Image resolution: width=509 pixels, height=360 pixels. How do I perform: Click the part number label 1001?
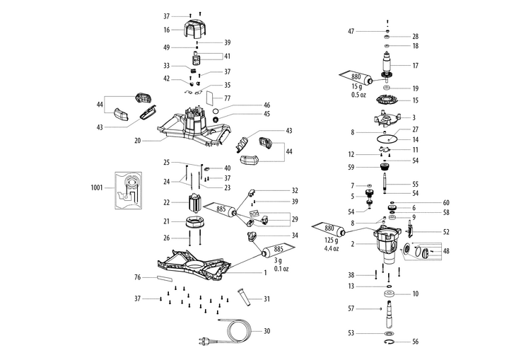(98, 189)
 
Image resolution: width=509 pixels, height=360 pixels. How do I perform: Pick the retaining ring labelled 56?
(390, 342)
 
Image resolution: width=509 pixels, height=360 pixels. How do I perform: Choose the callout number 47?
(351, 32)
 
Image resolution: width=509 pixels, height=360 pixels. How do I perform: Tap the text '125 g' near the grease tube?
(331, 241)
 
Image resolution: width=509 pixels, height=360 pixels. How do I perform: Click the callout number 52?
(426, 231)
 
